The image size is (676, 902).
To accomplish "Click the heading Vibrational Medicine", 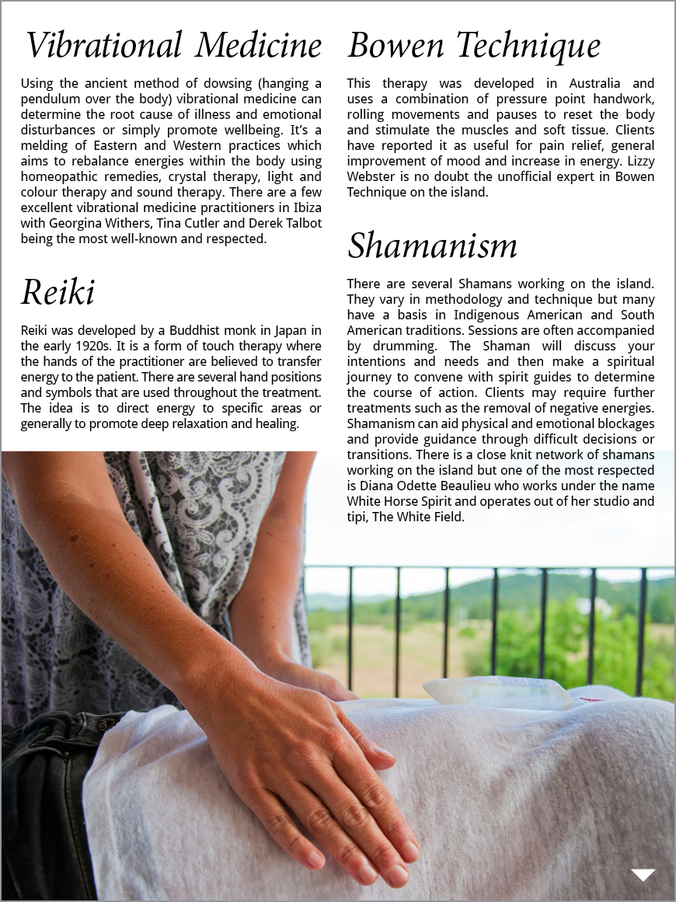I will click(173, 46).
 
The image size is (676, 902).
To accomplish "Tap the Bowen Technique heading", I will click(474, 46).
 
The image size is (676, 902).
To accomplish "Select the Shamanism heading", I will click(432, 246).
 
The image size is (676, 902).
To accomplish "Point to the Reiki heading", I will click(58, 293).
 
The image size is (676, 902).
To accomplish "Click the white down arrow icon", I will click(643, 875).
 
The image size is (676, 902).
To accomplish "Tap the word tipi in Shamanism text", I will click(357, 517).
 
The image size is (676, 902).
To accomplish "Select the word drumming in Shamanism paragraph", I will click(393, 346).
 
